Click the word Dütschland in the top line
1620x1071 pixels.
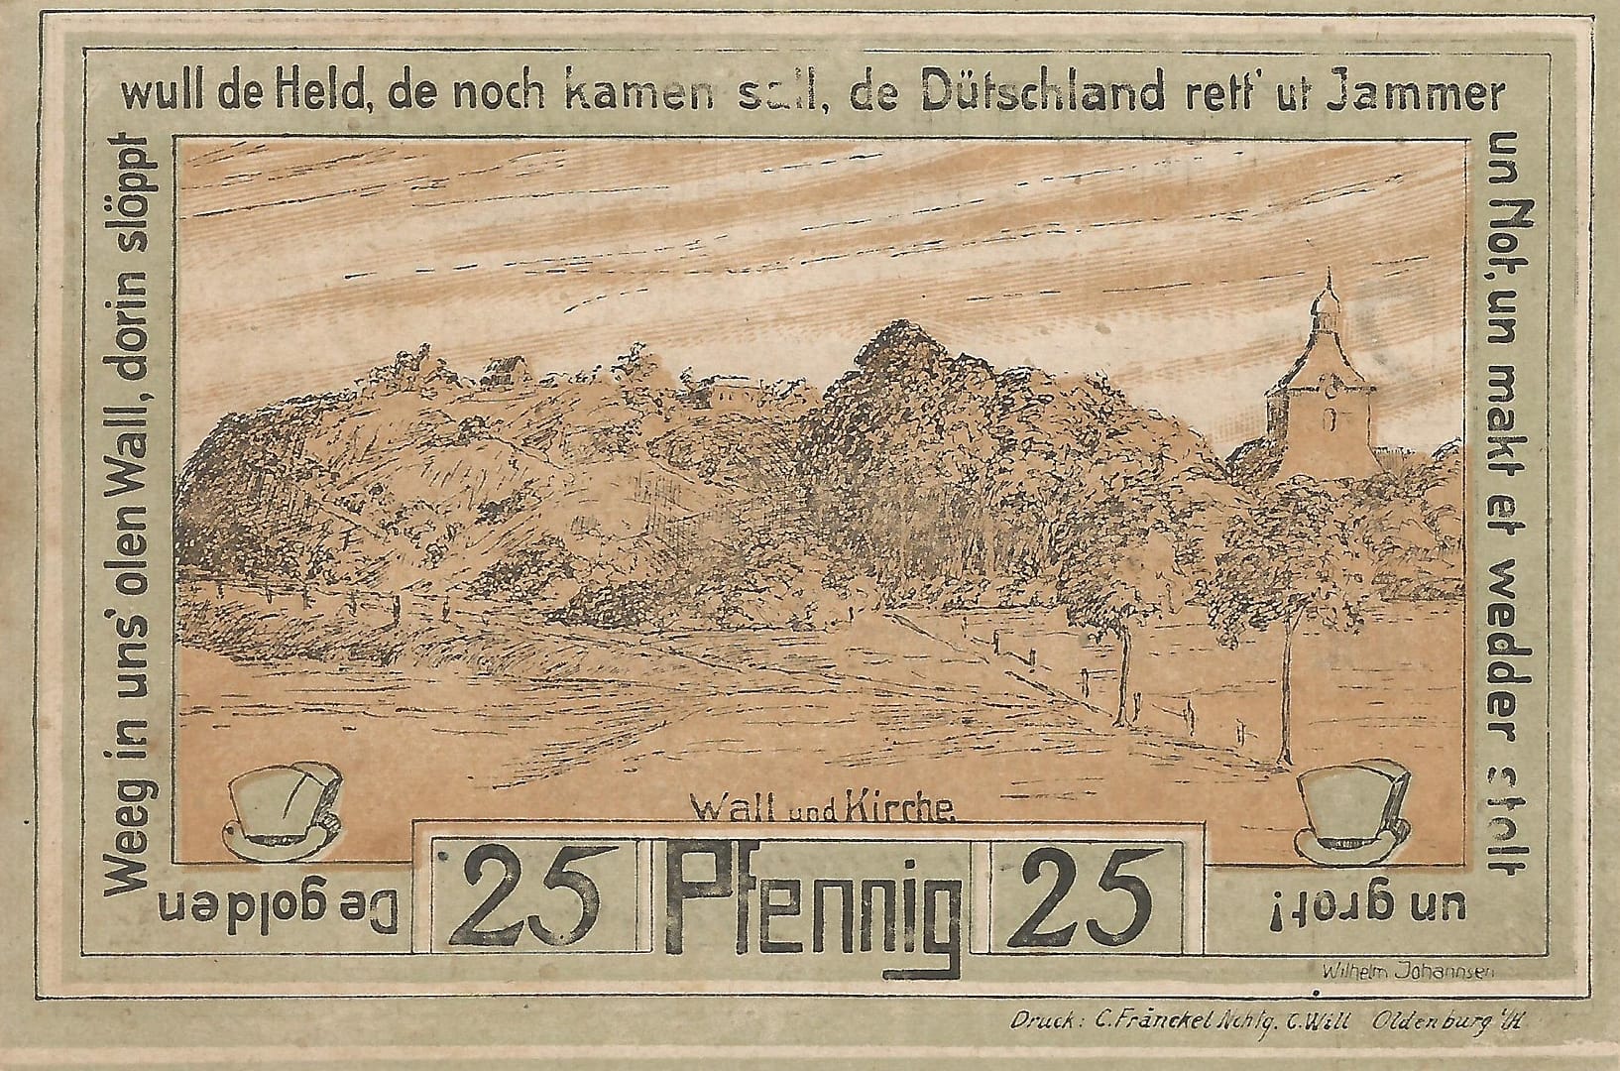click(x=1043, y=94)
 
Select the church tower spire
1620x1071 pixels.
click(x=1325, y=297)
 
